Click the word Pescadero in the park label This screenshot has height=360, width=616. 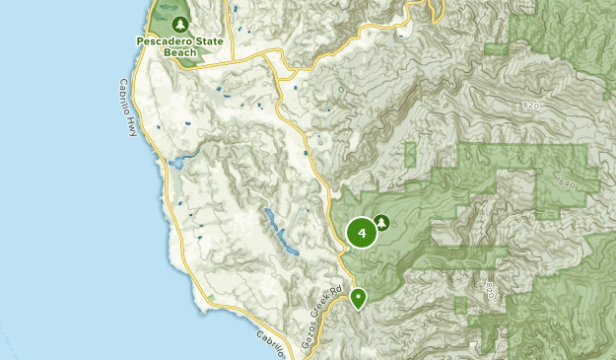tap(159, 40)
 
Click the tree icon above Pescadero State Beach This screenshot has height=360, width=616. tap(178, 23)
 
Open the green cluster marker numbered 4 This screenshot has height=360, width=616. tap(362, 233)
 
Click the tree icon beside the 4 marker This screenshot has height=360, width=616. tap(381, 223)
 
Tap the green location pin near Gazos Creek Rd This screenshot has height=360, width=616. tap(358, 297)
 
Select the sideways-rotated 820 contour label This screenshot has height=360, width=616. tap(490, 290)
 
